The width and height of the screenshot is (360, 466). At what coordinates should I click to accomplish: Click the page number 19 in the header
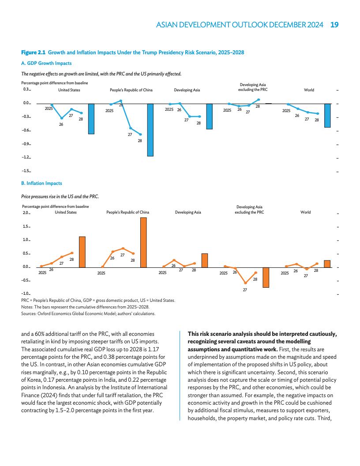point(334,25)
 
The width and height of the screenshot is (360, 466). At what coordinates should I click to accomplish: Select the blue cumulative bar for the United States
point(91,119)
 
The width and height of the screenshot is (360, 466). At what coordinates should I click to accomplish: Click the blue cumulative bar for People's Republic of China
point(150,130)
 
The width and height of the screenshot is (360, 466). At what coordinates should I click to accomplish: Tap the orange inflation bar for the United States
point(82,252)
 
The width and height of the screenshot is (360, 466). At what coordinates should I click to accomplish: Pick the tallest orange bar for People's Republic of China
point(143,242)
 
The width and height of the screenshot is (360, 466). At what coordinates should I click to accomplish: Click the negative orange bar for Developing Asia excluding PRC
point(266,277)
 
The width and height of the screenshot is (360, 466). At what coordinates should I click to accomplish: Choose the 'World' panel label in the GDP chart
point(309,90)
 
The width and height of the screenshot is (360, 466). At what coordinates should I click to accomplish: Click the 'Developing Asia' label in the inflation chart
point(188,212)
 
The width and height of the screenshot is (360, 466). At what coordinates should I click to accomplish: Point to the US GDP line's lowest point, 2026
point(62,118)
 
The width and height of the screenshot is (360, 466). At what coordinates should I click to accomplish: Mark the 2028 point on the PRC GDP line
point(141,135)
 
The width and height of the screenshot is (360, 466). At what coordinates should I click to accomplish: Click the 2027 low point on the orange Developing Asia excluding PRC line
point(245,283)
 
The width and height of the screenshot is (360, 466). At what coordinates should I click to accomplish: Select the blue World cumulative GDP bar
point(328,116)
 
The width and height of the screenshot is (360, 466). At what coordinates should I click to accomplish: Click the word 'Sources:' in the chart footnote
point(30,314)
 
